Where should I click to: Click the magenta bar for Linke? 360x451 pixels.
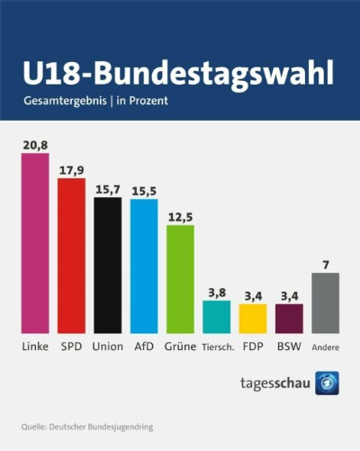click(x=35, y=243)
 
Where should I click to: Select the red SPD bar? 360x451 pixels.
click(x=71, y=256)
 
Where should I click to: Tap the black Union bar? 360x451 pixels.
click(x=108, y=266)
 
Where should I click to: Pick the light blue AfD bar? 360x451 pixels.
click(x=144, y=266)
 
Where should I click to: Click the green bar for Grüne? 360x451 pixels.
click(x=180, y=279)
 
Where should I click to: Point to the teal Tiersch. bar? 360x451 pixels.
click(x=217, y=317)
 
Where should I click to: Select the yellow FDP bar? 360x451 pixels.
click(x=253, y=319)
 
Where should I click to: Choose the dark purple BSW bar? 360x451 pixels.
click(x=289, y=319)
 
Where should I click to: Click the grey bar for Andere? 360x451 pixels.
click(x=326, y=303)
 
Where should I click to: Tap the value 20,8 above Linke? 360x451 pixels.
click(x=35, y=145)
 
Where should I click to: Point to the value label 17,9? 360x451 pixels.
click(x=72, y=170)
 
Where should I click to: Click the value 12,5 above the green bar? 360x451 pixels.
click(x=180, y=217)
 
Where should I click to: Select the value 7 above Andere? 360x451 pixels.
click(x=326, y=265)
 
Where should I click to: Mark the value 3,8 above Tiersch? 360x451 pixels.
click(x=217, y=293)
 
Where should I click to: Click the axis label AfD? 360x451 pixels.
click(x=144, y=347)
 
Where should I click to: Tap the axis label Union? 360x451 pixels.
click(x=108, y=347)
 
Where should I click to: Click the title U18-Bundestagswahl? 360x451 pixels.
click(x=178, y=74)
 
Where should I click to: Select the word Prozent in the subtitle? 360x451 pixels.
click(x=148, y=101)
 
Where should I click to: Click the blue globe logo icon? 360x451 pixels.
click(x=327, y=383)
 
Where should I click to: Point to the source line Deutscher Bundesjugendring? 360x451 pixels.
click(x=101, y=427)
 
